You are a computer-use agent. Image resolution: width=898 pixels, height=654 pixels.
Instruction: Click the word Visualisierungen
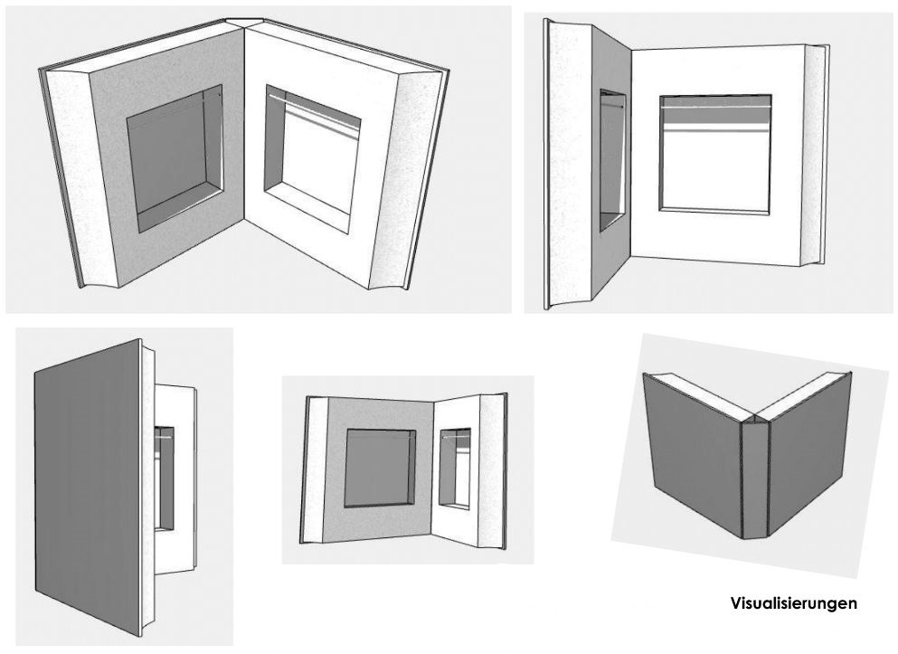pos(793,602)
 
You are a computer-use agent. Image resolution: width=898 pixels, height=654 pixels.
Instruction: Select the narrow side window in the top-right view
pos(612,158)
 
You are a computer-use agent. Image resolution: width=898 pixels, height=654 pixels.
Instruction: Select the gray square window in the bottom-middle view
pos(380,466)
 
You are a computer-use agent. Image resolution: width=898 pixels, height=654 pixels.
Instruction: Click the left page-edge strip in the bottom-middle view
pos(317,470)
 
